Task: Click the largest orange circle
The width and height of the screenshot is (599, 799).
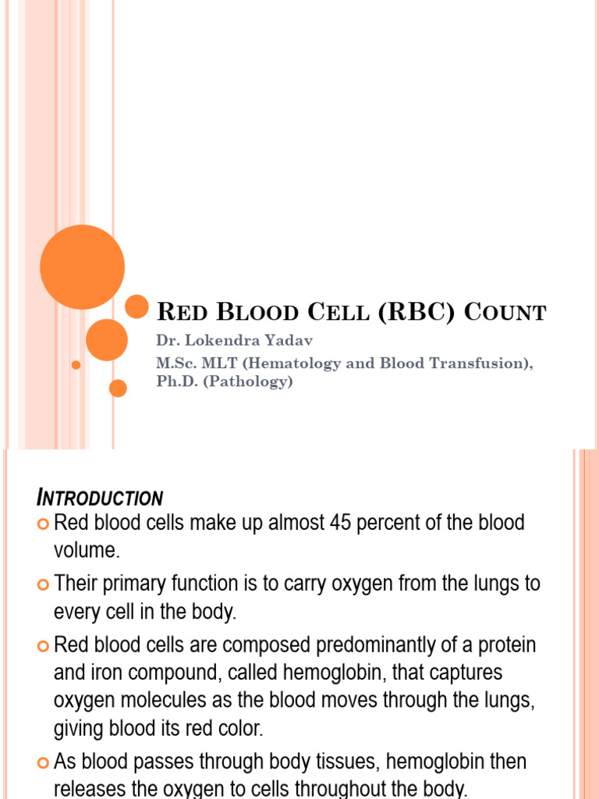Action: coord(82,267)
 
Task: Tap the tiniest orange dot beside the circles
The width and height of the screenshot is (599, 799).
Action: coord(76,364)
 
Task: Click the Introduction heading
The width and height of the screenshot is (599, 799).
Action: coord(101,498)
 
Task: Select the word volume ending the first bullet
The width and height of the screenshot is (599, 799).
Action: coord(87,550)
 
